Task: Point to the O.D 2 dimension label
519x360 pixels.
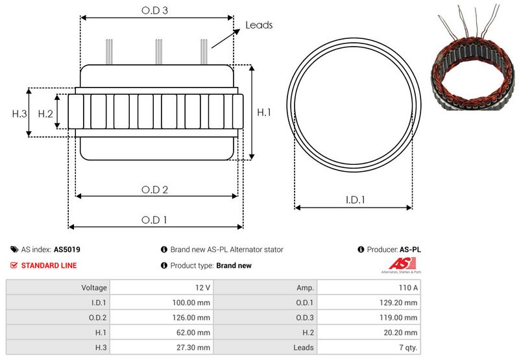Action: (155, 189)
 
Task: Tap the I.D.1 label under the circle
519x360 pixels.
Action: (354, 200)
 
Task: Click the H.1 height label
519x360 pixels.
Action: (263, 113)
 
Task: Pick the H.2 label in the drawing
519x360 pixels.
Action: (45, 114)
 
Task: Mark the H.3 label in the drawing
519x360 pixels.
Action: (19, 114)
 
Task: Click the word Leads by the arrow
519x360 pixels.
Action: (258, 25)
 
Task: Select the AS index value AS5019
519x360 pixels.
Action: (67, 249)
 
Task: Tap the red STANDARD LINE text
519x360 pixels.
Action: (49, 265)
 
